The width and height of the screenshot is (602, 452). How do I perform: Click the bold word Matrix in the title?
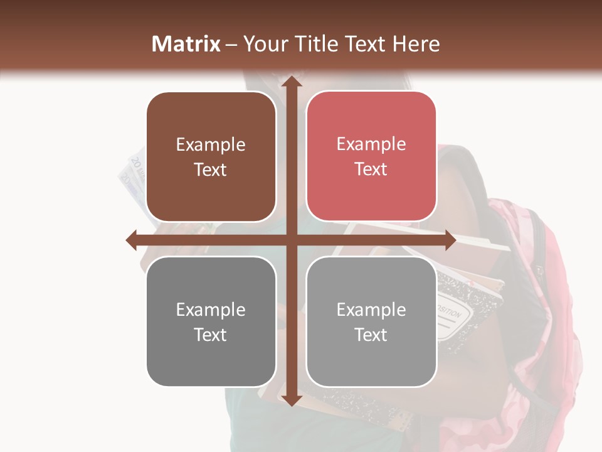pos(186,44)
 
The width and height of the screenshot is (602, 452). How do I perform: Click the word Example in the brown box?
pos(211,144)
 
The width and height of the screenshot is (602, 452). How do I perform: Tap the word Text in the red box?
pos(371,169)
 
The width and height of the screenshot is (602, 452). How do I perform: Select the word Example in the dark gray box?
pos(211,309)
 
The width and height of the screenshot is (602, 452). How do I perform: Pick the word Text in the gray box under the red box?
pos(371,335)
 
